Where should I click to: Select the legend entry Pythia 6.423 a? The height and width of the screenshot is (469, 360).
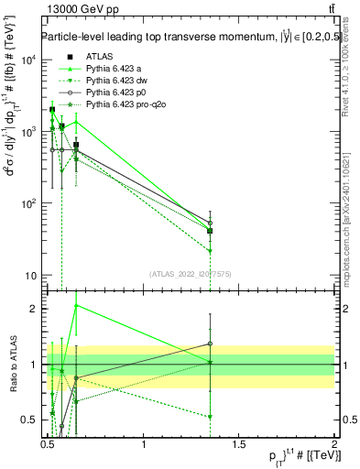point(114,69)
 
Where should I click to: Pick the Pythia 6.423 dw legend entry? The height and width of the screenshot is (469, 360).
point(116,81)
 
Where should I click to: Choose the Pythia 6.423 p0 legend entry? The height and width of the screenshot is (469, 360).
point(115,93)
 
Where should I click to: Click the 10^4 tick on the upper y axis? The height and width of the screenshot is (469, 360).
point(30,60)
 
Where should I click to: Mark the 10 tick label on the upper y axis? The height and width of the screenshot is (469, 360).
point(32,276)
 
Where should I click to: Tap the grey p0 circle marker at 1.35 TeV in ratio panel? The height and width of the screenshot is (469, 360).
point(210,344)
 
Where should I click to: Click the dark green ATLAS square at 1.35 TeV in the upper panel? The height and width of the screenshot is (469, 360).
point(210,231)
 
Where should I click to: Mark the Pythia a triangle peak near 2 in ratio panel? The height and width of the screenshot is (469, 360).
point(76,305)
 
